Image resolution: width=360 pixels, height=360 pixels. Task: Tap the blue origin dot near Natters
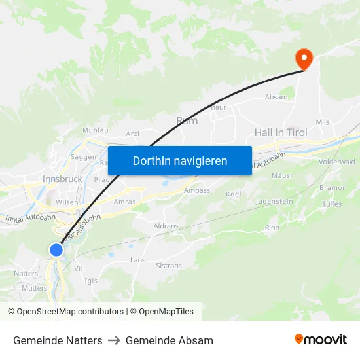[56, 249]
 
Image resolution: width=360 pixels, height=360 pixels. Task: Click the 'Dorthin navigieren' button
[180, 160]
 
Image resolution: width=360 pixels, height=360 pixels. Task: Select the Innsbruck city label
[62, 179]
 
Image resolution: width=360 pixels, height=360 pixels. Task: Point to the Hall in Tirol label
[281, 132]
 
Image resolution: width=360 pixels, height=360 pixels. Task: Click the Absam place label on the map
[276, 97]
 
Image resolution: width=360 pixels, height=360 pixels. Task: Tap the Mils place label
[323, 122]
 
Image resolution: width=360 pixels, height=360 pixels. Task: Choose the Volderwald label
[336, 162]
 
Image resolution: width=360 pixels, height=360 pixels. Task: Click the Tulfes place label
[332, 204]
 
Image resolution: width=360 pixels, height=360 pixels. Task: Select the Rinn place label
[272, 228]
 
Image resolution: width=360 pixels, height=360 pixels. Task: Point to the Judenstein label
[274, 201]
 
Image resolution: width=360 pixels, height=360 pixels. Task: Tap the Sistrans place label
[169, 266]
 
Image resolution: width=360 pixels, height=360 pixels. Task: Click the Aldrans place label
[166, 225]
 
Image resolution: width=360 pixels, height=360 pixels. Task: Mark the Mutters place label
[35, 288]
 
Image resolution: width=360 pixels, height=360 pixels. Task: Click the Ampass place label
[197, 190]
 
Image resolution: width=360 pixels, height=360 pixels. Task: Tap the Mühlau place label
[95, 130]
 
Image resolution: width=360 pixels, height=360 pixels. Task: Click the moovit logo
[321, 339]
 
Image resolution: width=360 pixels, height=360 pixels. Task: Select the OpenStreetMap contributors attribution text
[70, 312]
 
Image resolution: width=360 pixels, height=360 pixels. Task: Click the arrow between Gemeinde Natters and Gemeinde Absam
[114, 340]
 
